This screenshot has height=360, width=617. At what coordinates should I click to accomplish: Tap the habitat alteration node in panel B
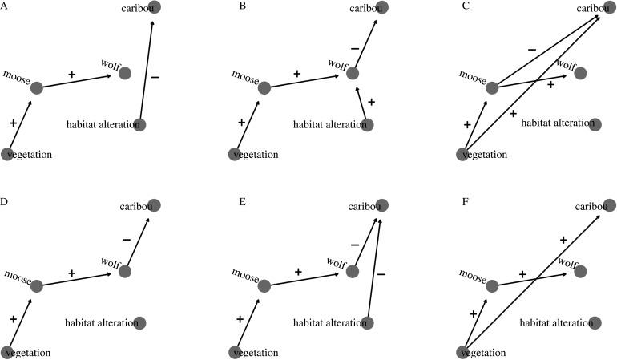[x=368, y=124]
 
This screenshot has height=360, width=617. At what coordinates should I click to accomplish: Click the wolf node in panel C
[x=581, y=73]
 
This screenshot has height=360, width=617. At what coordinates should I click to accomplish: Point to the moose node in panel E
[x=265, y=285]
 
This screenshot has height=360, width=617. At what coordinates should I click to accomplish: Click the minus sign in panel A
[x=155, y=77]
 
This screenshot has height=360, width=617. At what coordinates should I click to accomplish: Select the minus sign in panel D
[x=126, y=239]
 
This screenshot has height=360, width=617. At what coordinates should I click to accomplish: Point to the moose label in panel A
[x=16, y=76]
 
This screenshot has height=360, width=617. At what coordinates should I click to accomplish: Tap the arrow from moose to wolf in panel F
[x=533, y=278]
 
